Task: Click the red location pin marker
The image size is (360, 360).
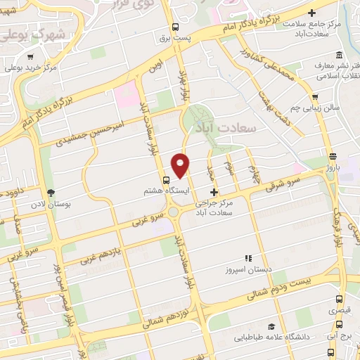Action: point(181,165)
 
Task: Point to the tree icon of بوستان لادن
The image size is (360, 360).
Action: point(50,192)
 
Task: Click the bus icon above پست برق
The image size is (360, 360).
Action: point(176,28)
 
